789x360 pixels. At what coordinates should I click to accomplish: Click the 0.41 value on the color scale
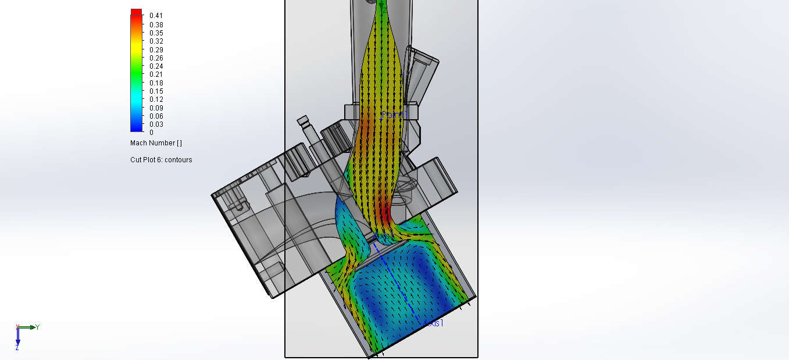156,16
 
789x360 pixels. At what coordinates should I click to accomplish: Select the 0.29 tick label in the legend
156,49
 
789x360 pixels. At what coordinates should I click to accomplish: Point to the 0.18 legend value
156,83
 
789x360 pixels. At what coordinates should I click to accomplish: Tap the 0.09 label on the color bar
156,108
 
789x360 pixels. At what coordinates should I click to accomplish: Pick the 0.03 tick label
156,124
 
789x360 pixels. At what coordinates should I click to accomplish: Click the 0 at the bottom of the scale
151,132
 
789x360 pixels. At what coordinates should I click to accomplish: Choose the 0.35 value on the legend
156,33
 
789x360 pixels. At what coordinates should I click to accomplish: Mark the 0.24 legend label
156,66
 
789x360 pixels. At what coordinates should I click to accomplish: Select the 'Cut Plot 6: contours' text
161,160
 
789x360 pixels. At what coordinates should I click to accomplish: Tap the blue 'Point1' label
392,115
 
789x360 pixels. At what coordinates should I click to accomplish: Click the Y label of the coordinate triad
37,327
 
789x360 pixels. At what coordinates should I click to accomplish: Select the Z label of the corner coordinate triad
17,347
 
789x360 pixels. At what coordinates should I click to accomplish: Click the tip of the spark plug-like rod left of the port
302,121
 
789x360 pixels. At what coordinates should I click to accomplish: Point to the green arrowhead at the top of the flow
381,7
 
